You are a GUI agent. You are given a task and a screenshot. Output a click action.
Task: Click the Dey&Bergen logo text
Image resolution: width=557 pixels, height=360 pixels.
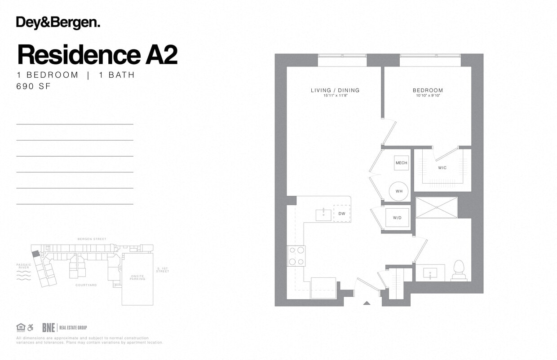click(58, 22)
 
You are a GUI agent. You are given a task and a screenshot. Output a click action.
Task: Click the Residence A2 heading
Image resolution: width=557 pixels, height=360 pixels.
click(97, 55)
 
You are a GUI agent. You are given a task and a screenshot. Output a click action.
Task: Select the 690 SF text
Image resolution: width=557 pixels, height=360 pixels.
click(33, 87)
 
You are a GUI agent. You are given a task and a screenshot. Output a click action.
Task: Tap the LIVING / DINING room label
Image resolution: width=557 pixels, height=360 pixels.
click(335, 90)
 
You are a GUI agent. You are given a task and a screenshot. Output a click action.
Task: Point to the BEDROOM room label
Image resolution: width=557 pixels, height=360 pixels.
click(428, 90)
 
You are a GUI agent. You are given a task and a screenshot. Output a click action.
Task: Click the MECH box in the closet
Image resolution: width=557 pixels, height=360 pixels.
click(401, 163)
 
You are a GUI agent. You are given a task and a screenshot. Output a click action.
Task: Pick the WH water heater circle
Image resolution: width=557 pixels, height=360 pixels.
click(399, 191)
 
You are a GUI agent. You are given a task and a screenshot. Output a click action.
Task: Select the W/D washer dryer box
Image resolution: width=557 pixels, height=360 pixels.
click(397, 218)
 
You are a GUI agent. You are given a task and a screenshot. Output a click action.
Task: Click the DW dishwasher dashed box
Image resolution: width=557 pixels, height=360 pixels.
click(341, 213)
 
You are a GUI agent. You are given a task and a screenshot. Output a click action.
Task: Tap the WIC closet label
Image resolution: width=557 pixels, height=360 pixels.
click(442, 168)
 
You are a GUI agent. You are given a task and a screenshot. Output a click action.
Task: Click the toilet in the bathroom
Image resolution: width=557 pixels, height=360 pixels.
click(459, 271)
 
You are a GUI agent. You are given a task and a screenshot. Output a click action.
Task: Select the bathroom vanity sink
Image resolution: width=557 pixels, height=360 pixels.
click(430, 272)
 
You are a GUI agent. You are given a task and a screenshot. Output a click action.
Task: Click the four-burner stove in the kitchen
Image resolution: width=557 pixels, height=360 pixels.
click(296, 256)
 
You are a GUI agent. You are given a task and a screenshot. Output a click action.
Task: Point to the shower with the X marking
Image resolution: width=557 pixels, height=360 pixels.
click(436, 207)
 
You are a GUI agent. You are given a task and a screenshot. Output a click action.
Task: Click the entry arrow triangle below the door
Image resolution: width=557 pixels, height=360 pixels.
click(367, 303)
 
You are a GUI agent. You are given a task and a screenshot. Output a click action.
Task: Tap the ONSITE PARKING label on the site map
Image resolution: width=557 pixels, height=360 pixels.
click(137, 277)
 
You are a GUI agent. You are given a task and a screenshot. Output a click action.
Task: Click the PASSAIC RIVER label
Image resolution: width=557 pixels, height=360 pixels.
click(24, 266)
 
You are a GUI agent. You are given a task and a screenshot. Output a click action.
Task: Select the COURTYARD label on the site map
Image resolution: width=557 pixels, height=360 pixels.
click(86, 285)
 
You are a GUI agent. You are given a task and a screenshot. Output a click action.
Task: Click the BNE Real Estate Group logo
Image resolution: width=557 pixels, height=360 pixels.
click(64, 328)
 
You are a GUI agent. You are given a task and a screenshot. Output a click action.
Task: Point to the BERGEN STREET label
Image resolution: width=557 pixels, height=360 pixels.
click(92, 239)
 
